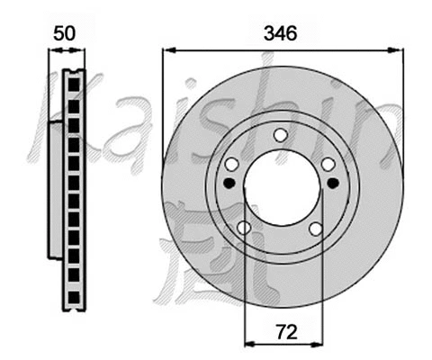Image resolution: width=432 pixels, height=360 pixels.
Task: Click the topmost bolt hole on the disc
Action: point(280,135)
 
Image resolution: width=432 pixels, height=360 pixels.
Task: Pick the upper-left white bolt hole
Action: point(231,164)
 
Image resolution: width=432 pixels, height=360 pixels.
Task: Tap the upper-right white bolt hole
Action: point(328,164)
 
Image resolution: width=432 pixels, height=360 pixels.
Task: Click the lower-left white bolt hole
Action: point(243,228)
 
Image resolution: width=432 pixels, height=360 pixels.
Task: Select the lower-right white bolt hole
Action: point(316,228)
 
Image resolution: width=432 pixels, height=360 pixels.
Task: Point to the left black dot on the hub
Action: point(229,183)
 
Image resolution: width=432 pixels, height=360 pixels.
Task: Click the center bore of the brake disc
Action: point(281,188)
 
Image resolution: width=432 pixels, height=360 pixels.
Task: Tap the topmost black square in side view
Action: point(74,87)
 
